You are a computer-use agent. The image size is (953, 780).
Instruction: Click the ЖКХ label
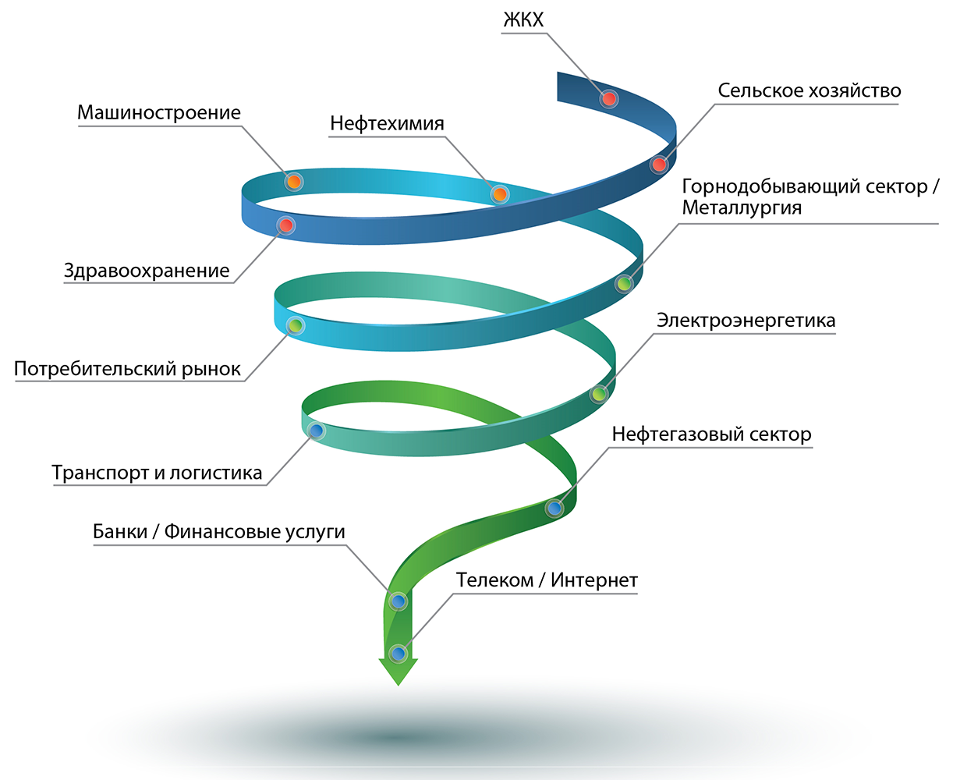coord(523,20)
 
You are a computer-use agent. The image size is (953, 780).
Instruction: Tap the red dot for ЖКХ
coord(609,98)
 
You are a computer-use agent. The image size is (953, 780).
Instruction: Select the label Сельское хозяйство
coord(809,90)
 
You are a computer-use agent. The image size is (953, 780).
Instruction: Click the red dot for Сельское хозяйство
coord(659,165)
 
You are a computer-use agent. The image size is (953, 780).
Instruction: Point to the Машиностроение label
coord(159,112)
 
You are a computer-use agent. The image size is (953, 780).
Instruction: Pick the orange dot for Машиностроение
coord(293,182)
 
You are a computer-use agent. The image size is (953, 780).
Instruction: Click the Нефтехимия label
coord(387,123)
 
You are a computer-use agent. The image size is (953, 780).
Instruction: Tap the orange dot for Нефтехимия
coord(499,193)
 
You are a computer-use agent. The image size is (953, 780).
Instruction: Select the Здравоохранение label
coord(147,271)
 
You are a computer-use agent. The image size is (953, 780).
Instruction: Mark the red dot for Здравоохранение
coord(286,225)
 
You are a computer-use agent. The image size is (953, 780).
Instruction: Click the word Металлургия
coord(742,208)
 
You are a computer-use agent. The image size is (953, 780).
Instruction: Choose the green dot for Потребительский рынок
coord(295,324)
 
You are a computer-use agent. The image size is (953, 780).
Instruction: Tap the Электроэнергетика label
coord(746,321)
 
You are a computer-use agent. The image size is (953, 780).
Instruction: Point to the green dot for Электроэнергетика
coord(599,394)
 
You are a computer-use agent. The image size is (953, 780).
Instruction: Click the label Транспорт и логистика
coord(158,473)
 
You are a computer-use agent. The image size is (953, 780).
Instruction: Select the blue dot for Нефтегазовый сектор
coord(554,509)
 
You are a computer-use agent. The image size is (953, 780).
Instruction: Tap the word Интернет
coord(594,580)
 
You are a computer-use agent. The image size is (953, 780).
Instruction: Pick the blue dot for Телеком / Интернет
coord(399,653)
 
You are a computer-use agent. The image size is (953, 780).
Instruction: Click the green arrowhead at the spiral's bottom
coord(399,672)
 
